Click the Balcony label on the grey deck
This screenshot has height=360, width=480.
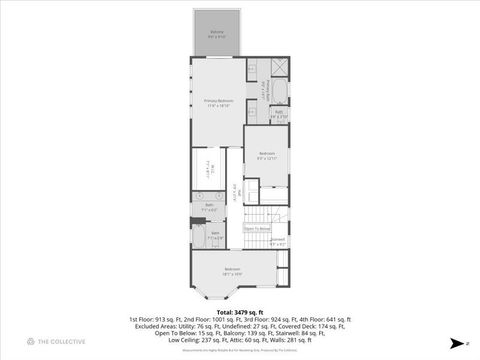[217, 34]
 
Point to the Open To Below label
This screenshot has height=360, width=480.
[257, 229]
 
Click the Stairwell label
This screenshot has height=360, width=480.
[277, 241]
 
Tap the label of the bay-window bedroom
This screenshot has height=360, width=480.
[232, 271]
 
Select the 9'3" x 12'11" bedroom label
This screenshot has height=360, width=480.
[266, 154]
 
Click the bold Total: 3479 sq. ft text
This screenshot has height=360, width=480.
[239, 311]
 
